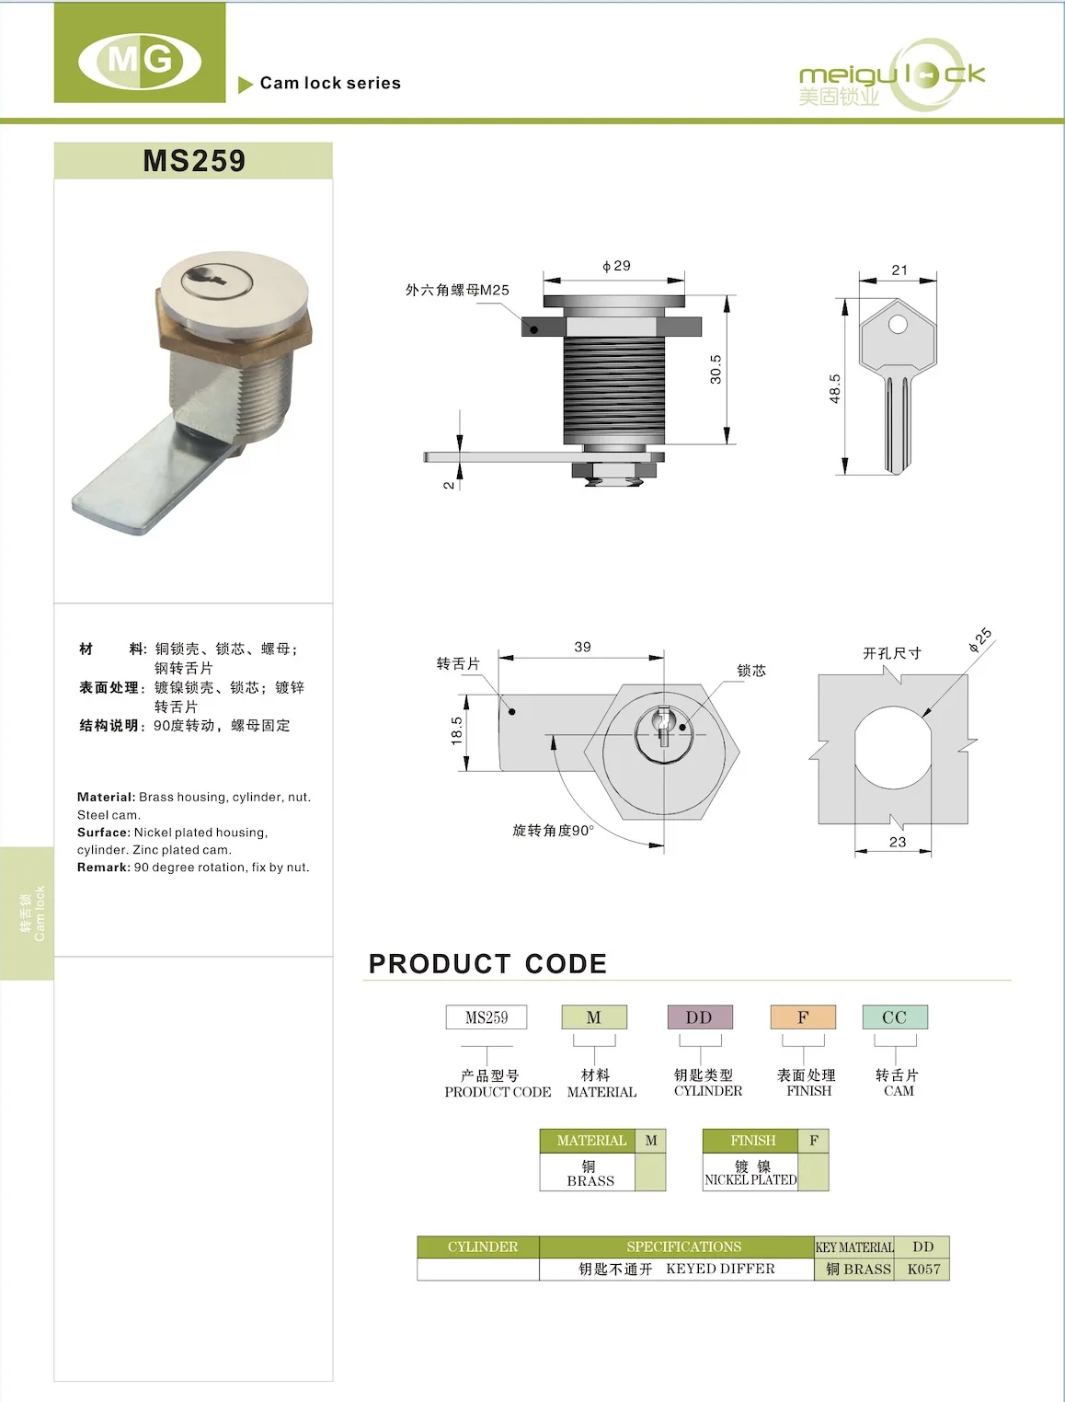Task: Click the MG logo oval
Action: coord(140,61)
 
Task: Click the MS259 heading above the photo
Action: coord(194,161)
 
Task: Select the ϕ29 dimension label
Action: coord(617,266)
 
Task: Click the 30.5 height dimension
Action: coord(716,369)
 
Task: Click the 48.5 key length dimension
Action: coord(834,388)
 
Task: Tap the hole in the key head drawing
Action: coord(898,324)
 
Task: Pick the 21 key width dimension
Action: coord(899,270)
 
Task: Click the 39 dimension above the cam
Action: coord(582,647)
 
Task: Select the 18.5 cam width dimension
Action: coord(456,730)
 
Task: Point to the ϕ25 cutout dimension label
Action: coord(980,639)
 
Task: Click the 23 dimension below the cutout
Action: coord(898,842)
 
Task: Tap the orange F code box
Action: coord(803,1017)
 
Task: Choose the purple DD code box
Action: coord(700,1017)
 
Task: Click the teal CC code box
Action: coord(895,1017)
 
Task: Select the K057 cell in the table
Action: coord(923,1270)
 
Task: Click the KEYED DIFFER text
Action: coord(720,1270)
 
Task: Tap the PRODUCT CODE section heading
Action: coord(487,963)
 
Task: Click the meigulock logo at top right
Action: coord(890,76)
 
